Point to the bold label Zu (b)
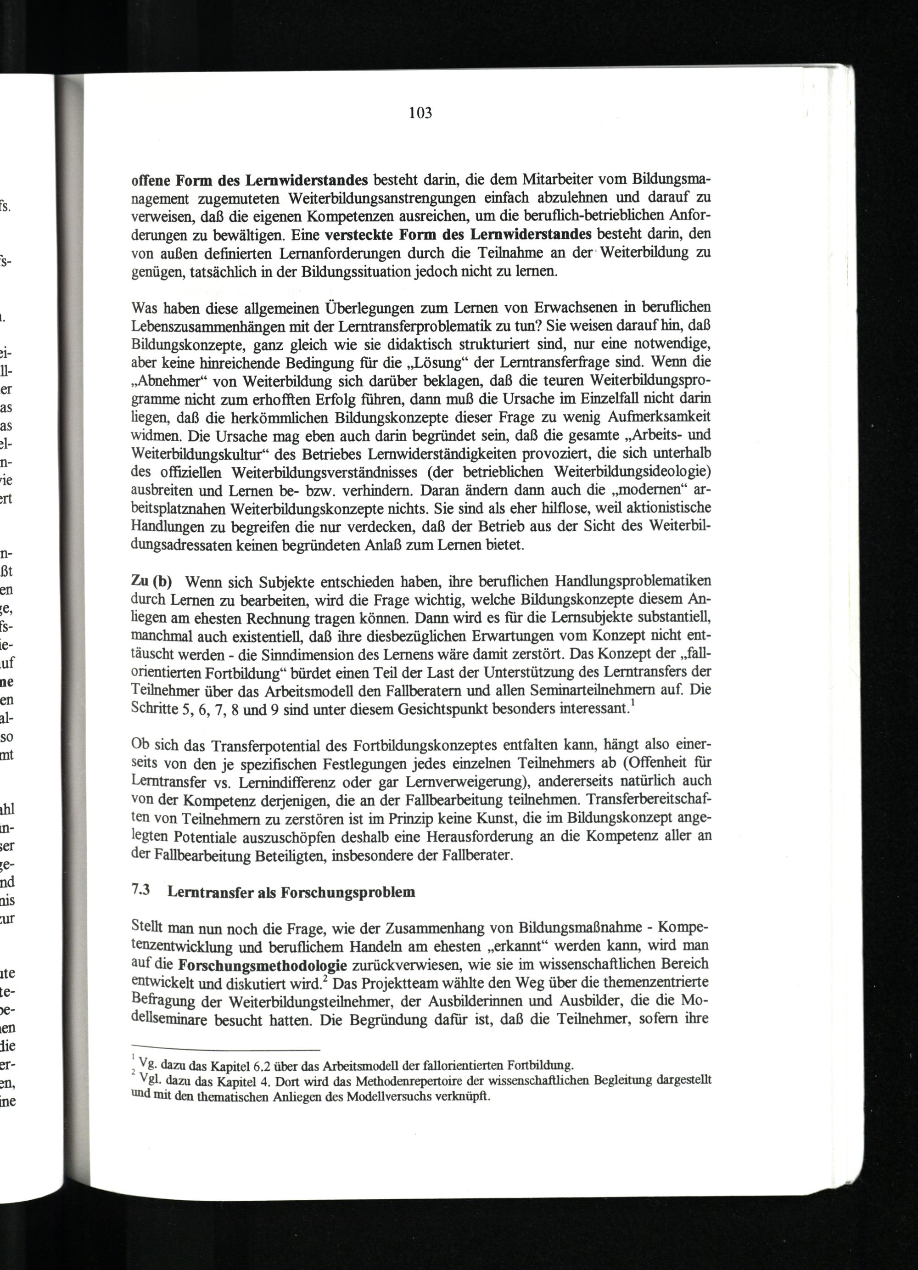coord(151,581)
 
